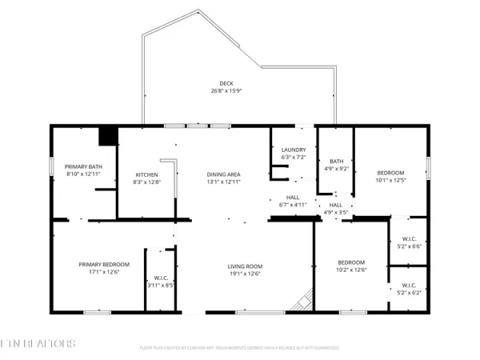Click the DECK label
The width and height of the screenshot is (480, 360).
[227, 83]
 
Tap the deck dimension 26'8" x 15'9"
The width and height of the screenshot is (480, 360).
[227, 90]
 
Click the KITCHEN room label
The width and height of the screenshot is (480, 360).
[146, 174]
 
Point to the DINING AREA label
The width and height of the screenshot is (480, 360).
[225, 174]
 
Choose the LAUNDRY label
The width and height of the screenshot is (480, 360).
[293, 150]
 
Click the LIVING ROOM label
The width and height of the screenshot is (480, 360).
[247, 266]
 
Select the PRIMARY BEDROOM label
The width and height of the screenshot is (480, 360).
[100, 265]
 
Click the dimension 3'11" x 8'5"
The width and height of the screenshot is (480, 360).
[161, 284]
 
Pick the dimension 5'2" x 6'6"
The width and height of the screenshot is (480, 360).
[408, 246]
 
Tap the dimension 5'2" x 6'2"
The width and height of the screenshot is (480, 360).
[408, 294]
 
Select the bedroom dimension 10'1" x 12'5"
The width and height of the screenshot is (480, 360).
[390, 180]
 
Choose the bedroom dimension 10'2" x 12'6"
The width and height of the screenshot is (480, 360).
[351, 270]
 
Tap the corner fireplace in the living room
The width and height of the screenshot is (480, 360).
[302, 302]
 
